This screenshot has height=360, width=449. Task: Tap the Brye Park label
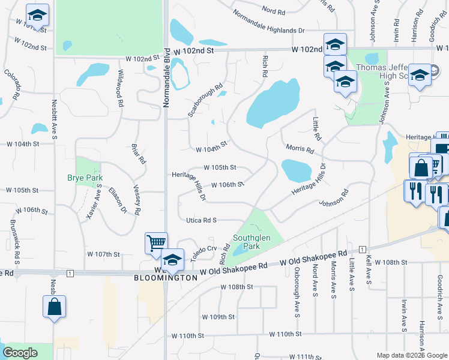tap(85, 178)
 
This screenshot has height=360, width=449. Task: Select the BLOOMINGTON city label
tap(165, 278)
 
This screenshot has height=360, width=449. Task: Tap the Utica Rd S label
tap(201, 221)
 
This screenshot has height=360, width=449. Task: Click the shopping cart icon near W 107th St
tap(156, 243)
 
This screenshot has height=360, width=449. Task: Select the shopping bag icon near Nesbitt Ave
tap(54, 306)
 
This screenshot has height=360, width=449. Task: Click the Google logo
tap(20, 353)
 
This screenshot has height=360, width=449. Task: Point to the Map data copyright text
tap(411, 355)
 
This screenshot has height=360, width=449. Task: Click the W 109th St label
tap(217, 317)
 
